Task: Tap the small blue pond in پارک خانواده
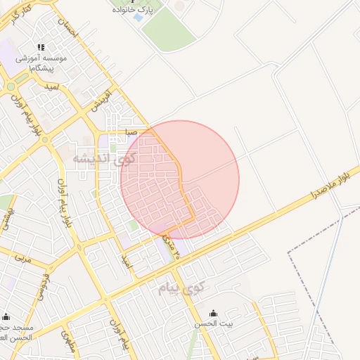tap(138, 18)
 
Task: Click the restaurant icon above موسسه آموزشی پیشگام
tap(41, 46)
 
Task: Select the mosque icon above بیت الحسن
tap(214, 314)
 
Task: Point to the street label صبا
tap(131, 131)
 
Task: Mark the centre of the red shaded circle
tap(180, 179)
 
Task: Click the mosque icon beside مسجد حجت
tap(6, 316)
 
